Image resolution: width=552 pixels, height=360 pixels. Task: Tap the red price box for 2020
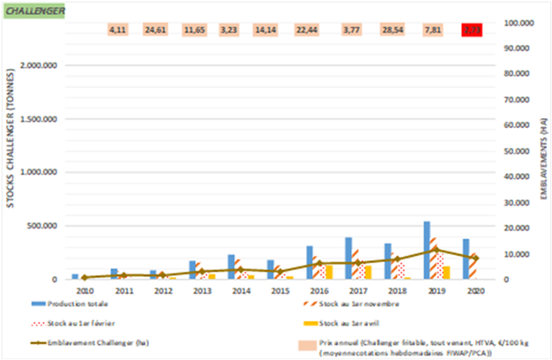[x=471, y=30]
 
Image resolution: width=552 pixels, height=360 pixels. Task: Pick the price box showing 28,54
[x=392, y=30]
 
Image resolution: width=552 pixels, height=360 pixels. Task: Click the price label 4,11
[x=118, y=30]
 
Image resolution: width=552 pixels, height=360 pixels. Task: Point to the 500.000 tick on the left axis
[x=43, y=226]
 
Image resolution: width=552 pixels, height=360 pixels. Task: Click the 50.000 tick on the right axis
[x=512, y=151]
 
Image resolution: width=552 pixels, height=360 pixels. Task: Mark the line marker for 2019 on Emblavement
[x=435, y=250]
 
